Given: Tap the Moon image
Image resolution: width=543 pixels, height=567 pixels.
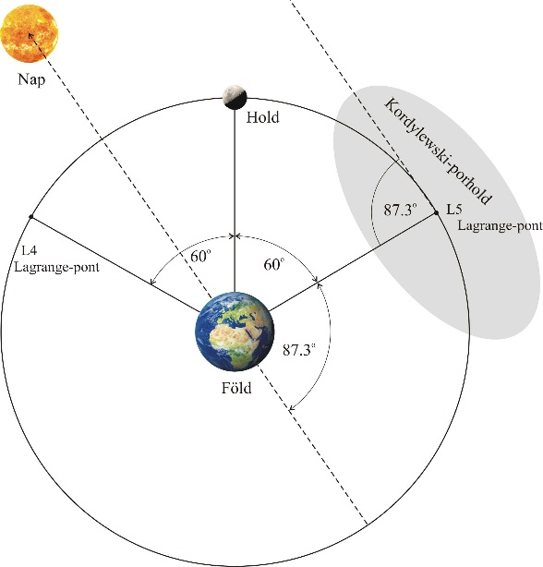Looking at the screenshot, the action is (235, 97).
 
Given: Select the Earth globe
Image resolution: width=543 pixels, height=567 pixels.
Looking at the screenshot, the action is (235, 332).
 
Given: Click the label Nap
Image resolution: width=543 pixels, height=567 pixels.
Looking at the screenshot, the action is (31, 78).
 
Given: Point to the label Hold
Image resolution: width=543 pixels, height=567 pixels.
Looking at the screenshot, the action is (263, 117).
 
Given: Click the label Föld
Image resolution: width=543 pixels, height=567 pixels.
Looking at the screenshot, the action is (236, 388).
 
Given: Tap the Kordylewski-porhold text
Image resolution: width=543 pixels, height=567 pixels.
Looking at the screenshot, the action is (438, 151).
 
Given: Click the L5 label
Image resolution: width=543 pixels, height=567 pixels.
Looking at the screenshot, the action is (453, 210).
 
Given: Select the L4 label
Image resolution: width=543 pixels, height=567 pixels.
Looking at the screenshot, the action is (30, 250).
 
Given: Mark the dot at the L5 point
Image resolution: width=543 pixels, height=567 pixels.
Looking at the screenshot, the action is (437, 213).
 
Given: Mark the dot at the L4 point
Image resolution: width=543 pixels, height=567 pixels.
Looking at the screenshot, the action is (31, 217).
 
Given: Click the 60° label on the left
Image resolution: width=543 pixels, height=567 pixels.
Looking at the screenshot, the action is (200, 256).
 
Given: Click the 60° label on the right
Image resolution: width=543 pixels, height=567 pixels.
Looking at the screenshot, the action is (274, 264).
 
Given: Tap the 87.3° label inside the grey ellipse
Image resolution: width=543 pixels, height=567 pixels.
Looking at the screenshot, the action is (400, 210).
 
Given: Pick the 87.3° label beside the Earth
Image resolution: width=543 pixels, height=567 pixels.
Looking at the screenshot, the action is (299, 350).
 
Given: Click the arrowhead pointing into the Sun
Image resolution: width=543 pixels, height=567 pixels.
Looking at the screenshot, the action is (30, 36).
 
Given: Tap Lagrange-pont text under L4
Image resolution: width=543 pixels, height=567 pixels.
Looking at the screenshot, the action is (56, 267).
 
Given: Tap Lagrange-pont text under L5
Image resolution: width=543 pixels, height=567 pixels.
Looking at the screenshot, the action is (500, 225).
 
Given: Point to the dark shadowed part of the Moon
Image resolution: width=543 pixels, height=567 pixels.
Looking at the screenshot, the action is (235, 103).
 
